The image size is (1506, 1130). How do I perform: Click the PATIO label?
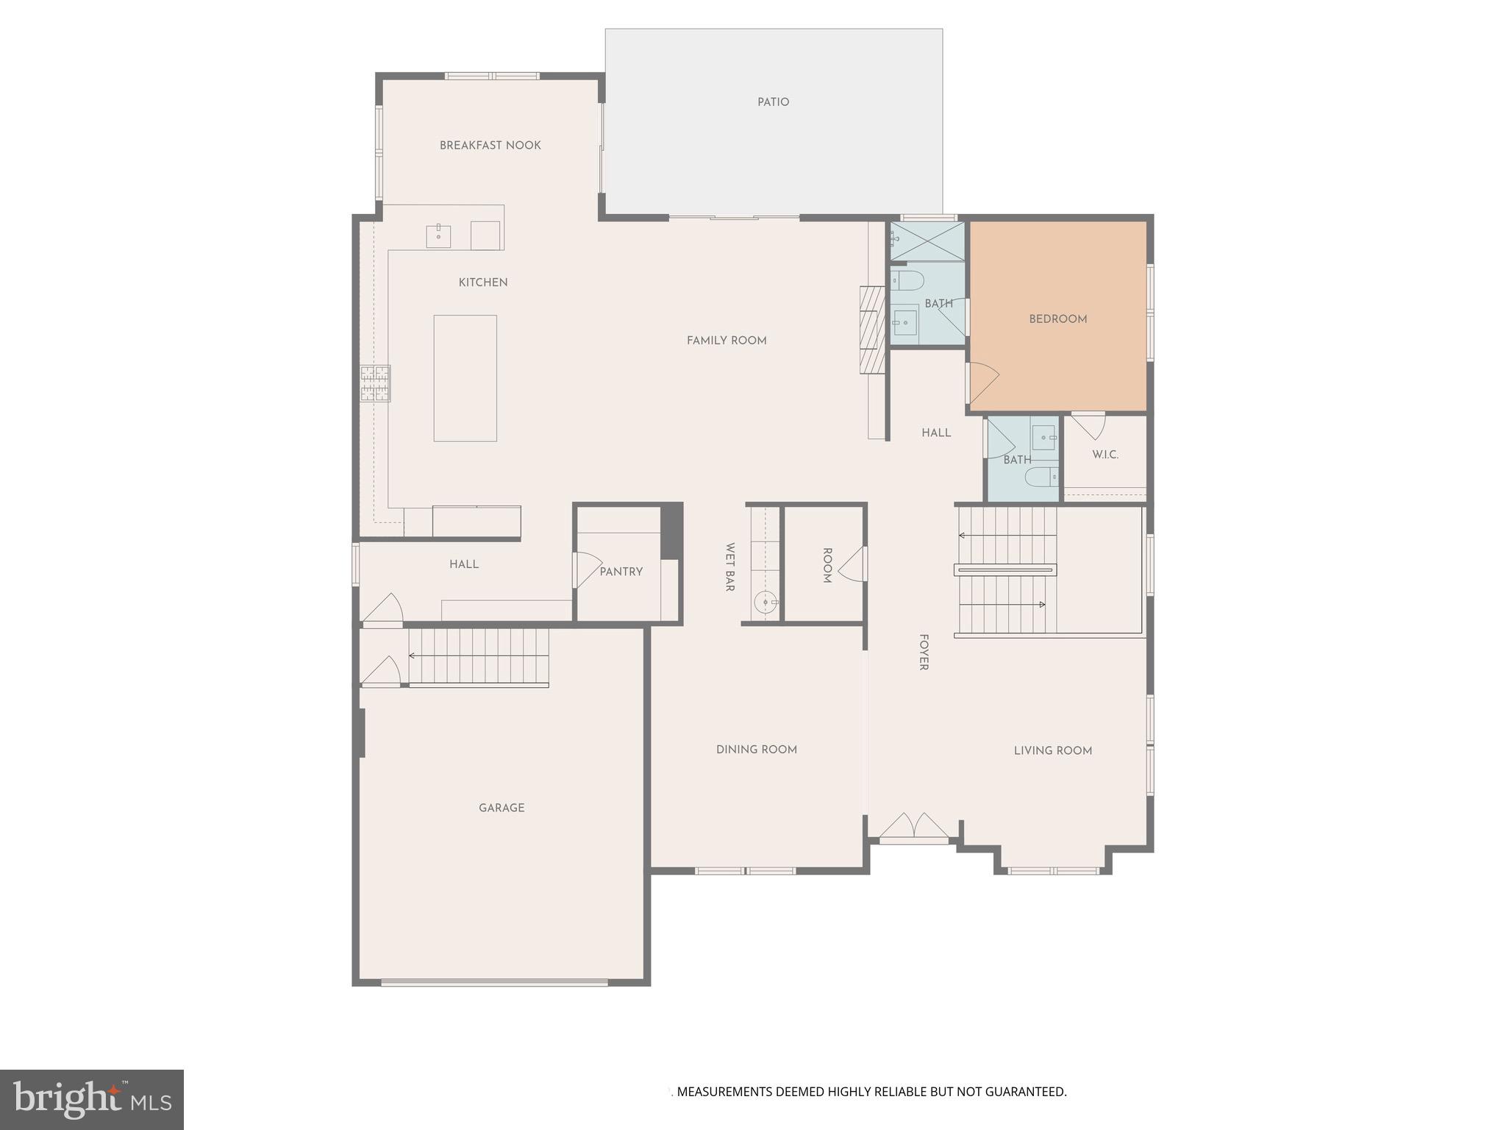click(773, 102)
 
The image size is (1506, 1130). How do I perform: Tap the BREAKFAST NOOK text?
click(490, 146)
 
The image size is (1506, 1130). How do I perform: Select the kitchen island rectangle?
click(465, 378)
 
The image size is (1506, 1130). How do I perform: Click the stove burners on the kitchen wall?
click(375, 383)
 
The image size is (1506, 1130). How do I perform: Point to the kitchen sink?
click(438, 236)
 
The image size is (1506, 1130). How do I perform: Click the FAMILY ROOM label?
click(727, 341)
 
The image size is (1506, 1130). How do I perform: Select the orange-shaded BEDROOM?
click(1057, 319)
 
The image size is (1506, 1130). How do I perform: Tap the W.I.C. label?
click(1104, 455)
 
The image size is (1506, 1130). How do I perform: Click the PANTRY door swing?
click(587, 569)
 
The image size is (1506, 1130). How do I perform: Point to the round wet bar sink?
click(766, 603)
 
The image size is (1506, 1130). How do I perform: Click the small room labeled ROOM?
click(826, 565)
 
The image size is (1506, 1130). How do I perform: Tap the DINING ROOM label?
click(756, 750)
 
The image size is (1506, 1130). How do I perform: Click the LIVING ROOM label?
click(1052, 750)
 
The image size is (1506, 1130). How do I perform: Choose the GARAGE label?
click(502, 808)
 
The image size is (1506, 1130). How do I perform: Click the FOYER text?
click(924, 653)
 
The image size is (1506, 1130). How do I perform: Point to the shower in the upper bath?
click(927, 241)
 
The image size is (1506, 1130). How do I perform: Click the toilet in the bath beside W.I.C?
click(1040, 477)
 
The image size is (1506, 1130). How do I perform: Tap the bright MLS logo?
click(92, 1100)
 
